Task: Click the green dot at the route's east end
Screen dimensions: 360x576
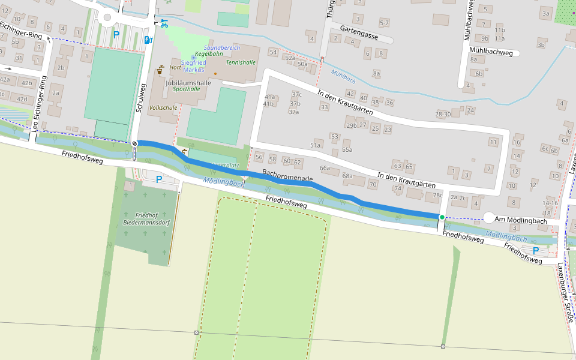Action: click(x=442, y=217)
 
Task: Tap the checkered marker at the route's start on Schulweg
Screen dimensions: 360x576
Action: click(x=134, y=143)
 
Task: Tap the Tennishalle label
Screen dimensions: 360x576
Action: click(x=241, y=62)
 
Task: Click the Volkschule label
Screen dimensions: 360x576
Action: click(x=163, y=108)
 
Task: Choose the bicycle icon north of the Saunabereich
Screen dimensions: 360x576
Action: click(x=164, y=23)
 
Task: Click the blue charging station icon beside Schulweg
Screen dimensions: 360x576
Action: click(x=148, y=40)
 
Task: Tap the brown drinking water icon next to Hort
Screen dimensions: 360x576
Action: click(x=160, y=70)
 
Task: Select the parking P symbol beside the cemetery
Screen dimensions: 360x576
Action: click(x=159, y=179)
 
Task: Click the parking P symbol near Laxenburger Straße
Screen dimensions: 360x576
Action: click(x=535, y=250)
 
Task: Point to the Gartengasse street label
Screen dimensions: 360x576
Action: click(x=358, y=36)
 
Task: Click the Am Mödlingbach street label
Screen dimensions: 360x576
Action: click(x=521, y=221)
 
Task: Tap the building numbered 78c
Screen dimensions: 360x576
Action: click(x=437, y=195)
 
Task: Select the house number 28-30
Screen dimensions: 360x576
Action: click(x=443, y=114)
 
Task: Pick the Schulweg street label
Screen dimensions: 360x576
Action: click(x=142, y=98)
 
